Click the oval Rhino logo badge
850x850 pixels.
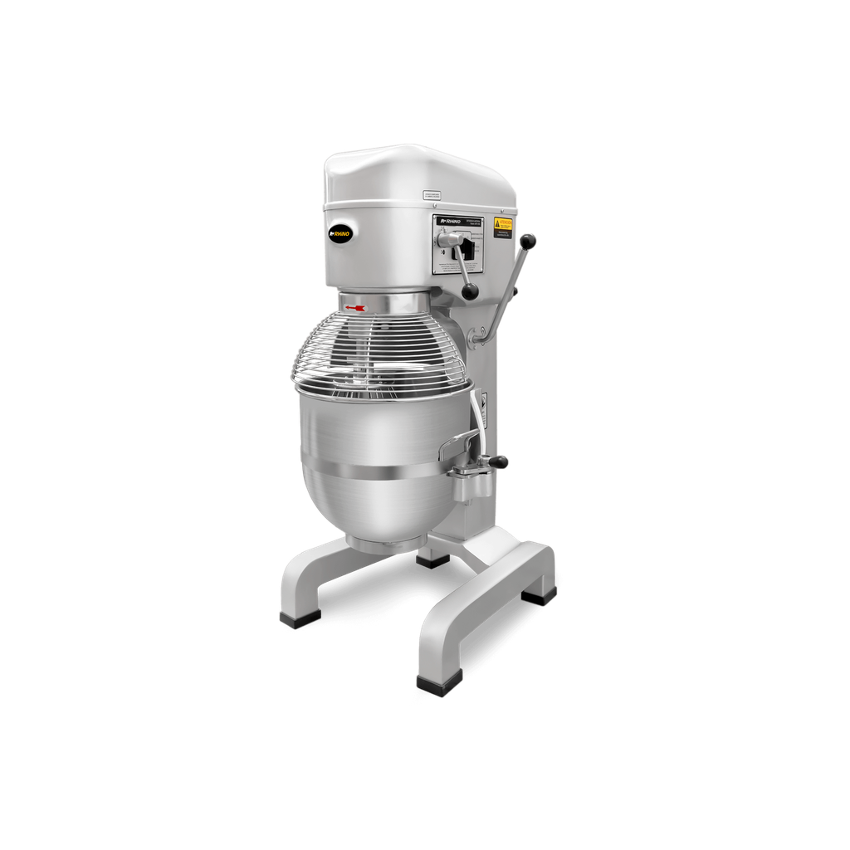[340, 233]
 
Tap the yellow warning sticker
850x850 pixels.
[503, 227]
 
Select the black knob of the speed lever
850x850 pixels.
[471, 291]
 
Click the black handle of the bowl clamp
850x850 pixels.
[498, 461]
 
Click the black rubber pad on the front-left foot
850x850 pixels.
[300, 618]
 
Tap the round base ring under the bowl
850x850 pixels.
[381, 544]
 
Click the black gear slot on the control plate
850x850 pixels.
[469, 249]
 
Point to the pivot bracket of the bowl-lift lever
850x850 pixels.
[479, 335]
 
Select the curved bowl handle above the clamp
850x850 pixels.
[458, 442]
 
